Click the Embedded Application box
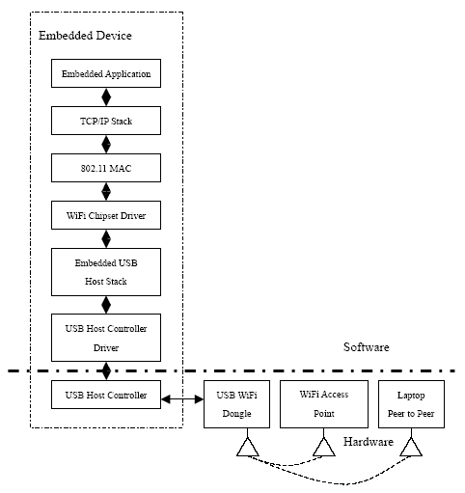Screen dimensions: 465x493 click(106, 73)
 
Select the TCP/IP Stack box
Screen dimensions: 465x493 click(106, 121)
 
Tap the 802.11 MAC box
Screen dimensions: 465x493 click(106, 168)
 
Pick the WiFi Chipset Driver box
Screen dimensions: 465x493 click(106, 215)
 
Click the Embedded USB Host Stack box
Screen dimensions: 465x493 click(106, 272)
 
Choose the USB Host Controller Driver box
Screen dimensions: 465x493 click(106, 338)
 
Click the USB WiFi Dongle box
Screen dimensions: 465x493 click(236, 404)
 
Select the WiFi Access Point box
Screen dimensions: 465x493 click(324, 404)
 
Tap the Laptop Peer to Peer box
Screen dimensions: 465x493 click(411, 404)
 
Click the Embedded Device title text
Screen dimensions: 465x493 click(85, 36)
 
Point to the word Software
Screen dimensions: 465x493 click(367, 347)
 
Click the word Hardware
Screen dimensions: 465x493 click(369, 442)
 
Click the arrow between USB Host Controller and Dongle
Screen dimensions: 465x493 click(182, 399)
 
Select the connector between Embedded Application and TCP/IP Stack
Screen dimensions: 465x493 click(106, 96)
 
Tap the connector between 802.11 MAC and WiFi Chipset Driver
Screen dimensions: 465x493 click(106, 192)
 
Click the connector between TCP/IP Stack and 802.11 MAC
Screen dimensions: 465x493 click(106, 145)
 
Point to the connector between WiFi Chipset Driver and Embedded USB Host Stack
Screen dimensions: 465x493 click(106, 238)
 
